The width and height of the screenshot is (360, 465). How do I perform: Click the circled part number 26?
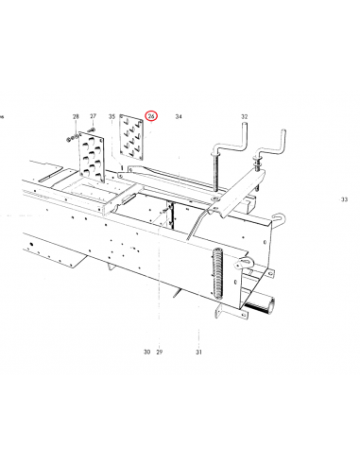tap(151, 116)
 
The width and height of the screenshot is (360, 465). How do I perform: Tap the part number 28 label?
tap(76, 116)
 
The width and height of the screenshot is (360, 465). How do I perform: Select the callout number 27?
tap(93, 116)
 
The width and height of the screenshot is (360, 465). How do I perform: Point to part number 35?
tap(111, 116)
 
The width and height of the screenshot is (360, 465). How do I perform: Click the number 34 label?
tap(179, 116)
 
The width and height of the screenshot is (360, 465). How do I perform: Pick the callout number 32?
tap(245, 116)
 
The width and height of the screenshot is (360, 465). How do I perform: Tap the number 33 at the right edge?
tap(344, 199)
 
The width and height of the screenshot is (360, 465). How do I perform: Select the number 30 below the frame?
tap(146, 352)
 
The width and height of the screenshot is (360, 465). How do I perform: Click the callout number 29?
tap(160, 352)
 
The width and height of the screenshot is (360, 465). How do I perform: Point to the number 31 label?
tap(198, 352)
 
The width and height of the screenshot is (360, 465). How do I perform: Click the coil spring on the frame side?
tap(217, 273)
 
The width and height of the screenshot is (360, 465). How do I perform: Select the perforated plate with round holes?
tap(92, 156)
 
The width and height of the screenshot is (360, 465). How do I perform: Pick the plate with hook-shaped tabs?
tap(131, 137)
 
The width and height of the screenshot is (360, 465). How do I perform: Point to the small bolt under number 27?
tap(92, 129)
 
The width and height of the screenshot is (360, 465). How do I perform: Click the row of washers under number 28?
tap(72, 138)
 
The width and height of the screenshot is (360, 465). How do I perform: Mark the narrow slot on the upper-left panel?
tap(50, 177)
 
